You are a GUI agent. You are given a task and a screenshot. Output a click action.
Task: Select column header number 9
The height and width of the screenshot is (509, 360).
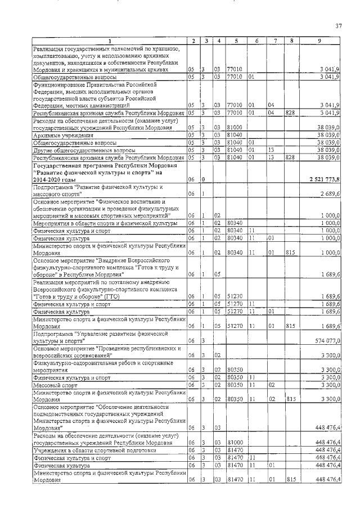(319, 40)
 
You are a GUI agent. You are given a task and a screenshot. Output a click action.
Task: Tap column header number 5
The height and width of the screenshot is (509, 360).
(236, 40)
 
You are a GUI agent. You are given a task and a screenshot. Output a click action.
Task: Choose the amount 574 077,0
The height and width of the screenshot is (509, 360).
(326, 340)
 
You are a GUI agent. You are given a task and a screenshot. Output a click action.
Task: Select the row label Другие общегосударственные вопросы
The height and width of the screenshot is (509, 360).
(84, 150)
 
